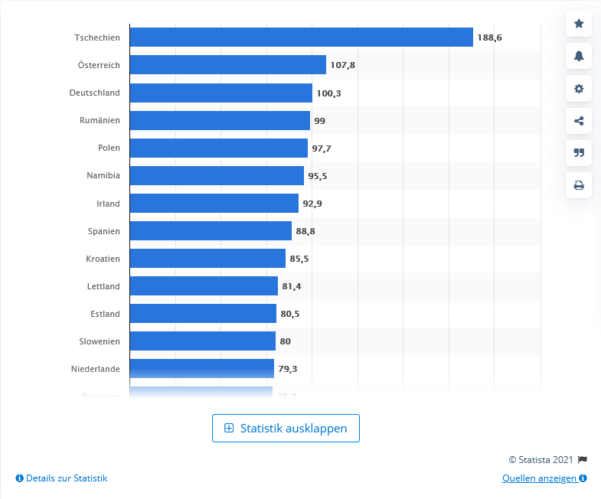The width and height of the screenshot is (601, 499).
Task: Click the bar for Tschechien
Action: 301,38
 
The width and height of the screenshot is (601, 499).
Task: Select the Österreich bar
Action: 227,65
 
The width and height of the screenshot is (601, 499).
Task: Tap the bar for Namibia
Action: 217,175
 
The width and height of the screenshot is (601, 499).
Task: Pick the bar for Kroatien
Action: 207,258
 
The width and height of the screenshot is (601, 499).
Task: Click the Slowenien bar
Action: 202,341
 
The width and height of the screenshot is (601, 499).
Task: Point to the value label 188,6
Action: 489,38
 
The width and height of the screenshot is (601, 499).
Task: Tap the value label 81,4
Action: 293,285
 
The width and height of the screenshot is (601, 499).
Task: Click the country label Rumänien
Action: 100,120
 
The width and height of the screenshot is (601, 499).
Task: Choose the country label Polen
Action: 109,148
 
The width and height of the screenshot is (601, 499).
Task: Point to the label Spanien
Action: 104,230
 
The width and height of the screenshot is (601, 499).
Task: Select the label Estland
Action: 105,313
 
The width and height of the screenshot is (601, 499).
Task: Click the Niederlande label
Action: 96,368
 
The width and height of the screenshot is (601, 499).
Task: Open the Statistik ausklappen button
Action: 286,429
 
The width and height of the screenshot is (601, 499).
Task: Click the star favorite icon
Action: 579,24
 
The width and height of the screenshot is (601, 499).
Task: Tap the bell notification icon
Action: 579,56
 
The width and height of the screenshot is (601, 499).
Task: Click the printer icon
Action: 579,184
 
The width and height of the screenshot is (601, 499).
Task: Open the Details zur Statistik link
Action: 61,478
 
